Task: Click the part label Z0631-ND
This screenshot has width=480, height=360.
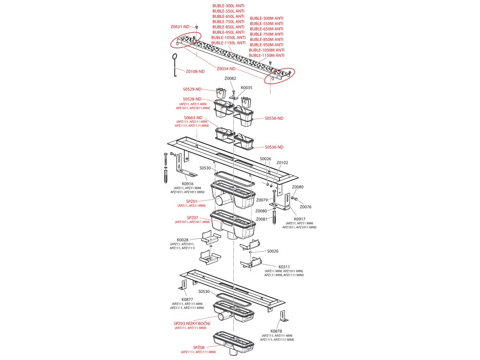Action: click(180, 27)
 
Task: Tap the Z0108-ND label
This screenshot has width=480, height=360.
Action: click(195, 71)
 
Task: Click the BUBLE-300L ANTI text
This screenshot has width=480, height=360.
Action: click(228, 5)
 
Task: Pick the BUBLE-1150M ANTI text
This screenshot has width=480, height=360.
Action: click(266, 55)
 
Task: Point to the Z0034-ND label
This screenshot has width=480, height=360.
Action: click(226, 68)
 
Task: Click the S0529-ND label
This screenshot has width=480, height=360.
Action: click(192, 89)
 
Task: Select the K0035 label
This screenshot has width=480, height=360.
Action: click(247, 88)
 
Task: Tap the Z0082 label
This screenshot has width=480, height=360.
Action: click(230, 78)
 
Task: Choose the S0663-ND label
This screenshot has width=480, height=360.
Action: click(193, 118)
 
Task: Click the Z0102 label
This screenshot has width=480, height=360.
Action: click(282, 163)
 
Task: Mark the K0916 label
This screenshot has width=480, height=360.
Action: click(187, 184)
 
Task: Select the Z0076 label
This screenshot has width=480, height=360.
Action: click(306, 206)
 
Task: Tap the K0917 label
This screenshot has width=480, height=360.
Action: click(299, 219)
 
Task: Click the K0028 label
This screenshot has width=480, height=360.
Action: click(182, 240)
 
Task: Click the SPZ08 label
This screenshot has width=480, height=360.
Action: click(198, 347)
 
